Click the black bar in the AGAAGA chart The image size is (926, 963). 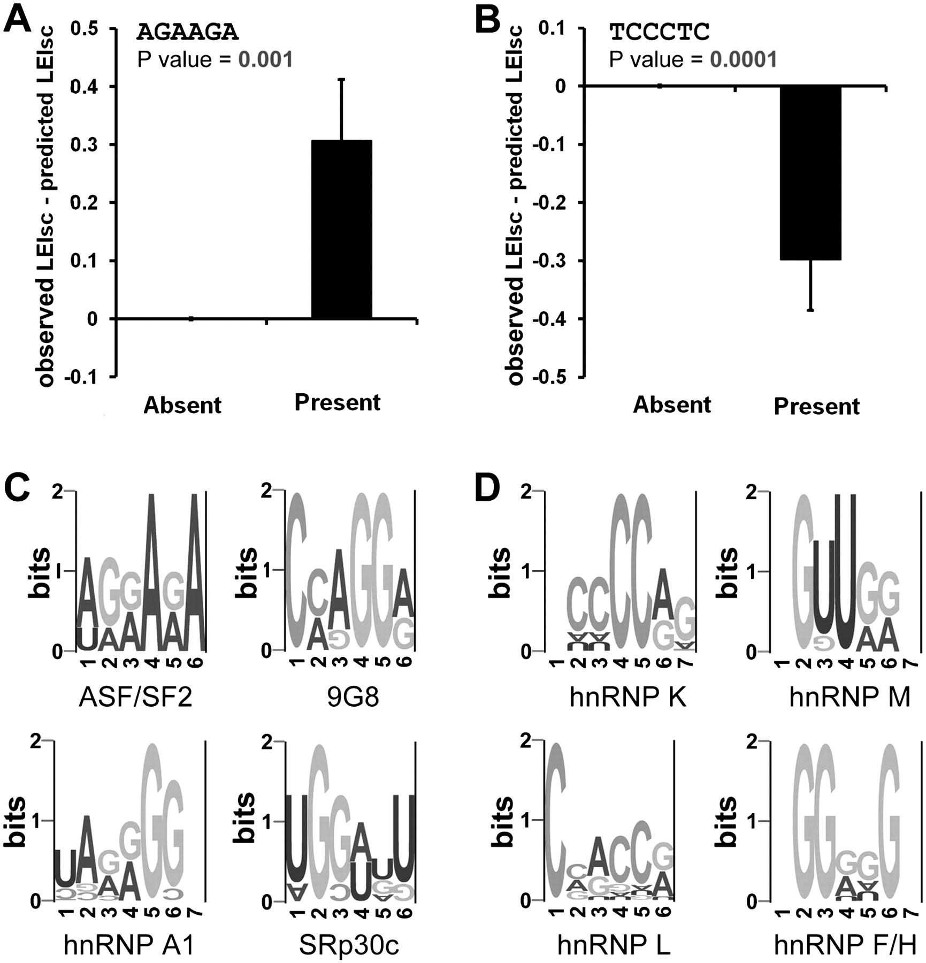(341, 230)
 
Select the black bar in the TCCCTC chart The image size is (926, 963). (810, 173)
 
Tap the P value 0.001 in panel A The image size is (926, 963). (266, 59)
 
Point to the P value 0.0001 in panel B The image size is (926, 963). (743, 59)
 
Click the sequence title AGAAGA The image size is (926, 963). (187, 33)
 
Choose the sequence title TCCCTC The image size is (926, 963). (660, 33)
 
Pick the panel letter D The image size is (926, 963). (487, 488)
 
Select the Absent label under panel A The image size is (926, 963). (182, 406)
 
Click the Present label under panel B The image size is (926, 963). (816, 407)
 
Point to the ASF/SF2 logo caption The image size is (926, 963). (135, 698)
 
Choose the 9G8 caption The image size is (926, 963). (353, 698)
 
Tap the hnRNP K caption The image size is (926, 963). (627, 698)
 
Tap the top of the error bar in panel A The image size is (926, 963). (341, 79)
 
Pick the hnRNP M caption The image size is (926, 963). (850, 698)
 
